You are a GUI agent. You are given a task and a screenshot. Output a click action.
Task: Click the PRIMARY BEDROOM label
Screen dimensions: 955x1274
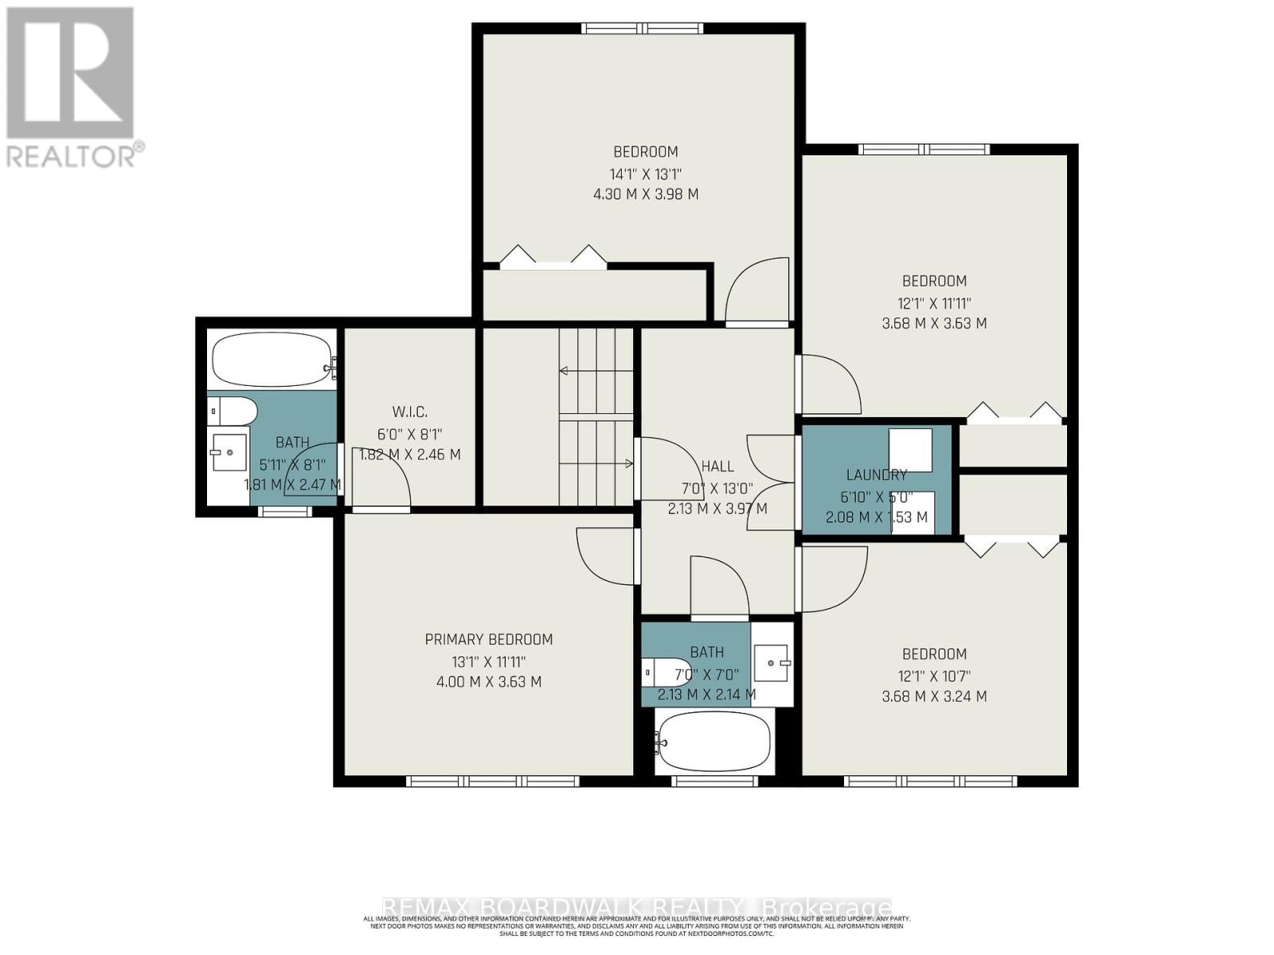(x=488, y=639)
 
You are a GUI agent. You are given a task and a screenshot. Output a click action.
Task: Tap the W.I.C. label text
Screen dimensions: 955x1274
(x=409, y=411)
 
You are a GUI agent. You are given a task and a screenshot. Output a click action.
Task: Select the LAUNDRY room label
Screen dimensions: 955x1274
(x=876, y=475)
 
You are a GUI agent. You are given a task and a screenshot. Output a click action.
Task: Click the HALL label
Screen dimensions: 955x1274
(x=717, y=466)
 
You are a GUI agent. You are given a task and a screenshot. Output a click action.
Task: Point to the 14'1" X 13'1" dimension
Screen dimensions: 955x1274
(x=646, y=173)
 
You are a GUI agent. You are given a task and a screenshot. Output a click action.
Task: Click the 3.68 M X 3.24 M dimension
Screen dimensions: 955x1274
(x=934, y=696)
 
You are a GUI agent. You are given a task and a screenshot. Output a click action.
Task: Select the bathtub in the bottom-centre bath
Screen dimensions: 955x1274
(x=713, y=740)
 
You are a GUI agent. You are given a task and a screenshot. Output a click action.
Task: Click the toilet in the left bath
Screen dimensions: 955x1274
(x=233, y=411)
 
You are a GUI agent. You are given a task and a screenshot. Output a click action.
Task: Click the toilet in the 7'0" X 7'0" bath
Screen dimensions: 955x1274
(x=667, y=673)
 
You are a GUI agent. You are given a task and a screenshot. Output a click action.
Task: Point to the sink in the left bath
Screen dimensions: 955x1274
(x=228, y=452)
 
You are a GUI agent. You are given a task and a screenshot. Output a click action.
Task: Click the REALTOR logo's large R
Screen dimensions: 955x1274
(x=70, y=73)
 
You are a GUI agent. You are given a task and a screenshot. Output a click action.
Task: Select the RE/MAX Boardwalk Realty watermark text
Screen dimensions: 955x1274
(x=637, y=907)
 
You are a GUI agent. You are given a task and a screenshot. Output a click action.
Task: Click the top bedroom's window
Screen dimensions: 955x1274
(x=642, y=29)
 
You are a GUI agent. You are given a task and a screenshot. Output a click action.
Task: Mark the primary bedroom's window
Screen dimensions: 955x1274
(x=492, y=782)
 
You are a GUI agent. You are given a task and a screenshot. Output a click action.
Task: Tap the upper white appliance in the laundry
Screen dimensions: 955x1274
(x=910, y=450)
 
